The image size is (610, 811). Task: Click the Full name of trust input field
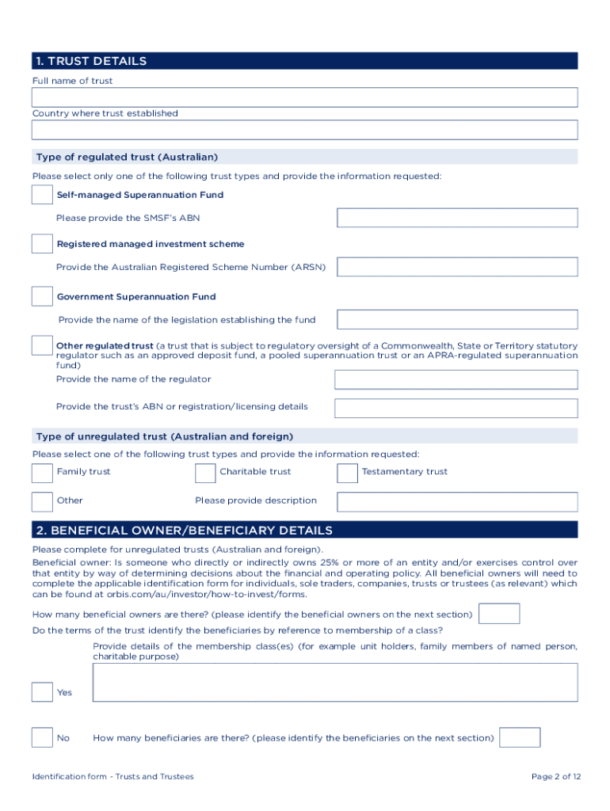pyautogui.click(x=304, y=97)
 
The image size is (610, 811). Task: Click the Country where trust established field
pyautogui.click(x=304, y=130)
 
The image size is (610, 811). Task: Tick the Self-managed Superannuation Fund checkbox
pyautogui.click(x=42, y=195)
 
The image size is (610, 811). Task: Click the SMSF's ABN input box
pyautogui.click(x=457, y=218)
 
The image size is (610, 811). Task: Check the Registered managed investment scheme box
pyautogui.click(x=42, y=244)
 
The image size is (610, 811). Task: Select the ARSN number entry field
pyautogui.click(x=457, y=268)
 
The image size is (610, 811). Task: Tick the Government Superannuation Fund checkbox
pyautogui.click(x=42, y=296)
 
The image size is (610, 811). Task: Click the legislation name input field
pyautogui.click(x=457, y=320)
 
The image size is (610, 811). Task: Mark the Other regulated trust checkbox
pyautogui.click(x=42, y=346)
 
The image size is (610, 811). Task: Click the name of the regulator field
pyautogui.click(x=456, y=379)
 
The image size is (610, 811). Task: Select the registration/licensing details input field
pyautogui.click(x=456, y=408)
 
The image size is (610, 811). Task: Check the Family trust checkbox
pyautogui.click(x=42, y=473)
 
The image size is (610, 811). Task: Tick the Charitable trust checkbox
pyautogui.click(x=205, y=473)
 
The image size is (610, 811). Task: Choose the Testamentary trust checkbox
pyautogui.click(x=347, y=473)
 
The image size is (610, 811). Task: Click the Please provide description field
pyautogui.click(x=457, y=501)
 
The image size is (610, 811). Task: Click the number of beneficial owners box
pyautogui.click(x=500, y=614)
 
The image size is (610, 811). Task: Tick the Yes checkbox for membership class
pyautogui.click(x=42, y=692)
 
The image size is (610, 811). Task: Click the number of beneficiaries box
pyautogui.click(x=520, y=737)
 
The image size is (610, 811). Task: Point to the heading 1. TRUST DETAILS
pyautogui.click(x=90, y=61)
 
